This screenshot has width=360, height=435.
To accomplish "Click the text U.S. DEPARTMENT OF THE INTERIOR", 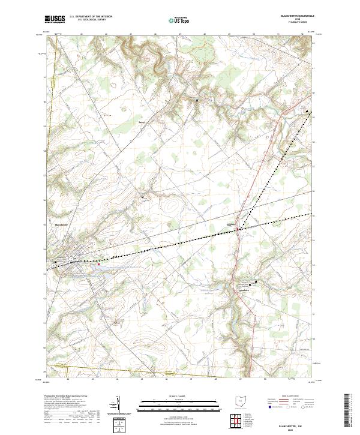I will point(91,16).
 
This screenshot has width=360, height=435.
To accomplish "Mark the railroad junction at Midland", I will point(238,229).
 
